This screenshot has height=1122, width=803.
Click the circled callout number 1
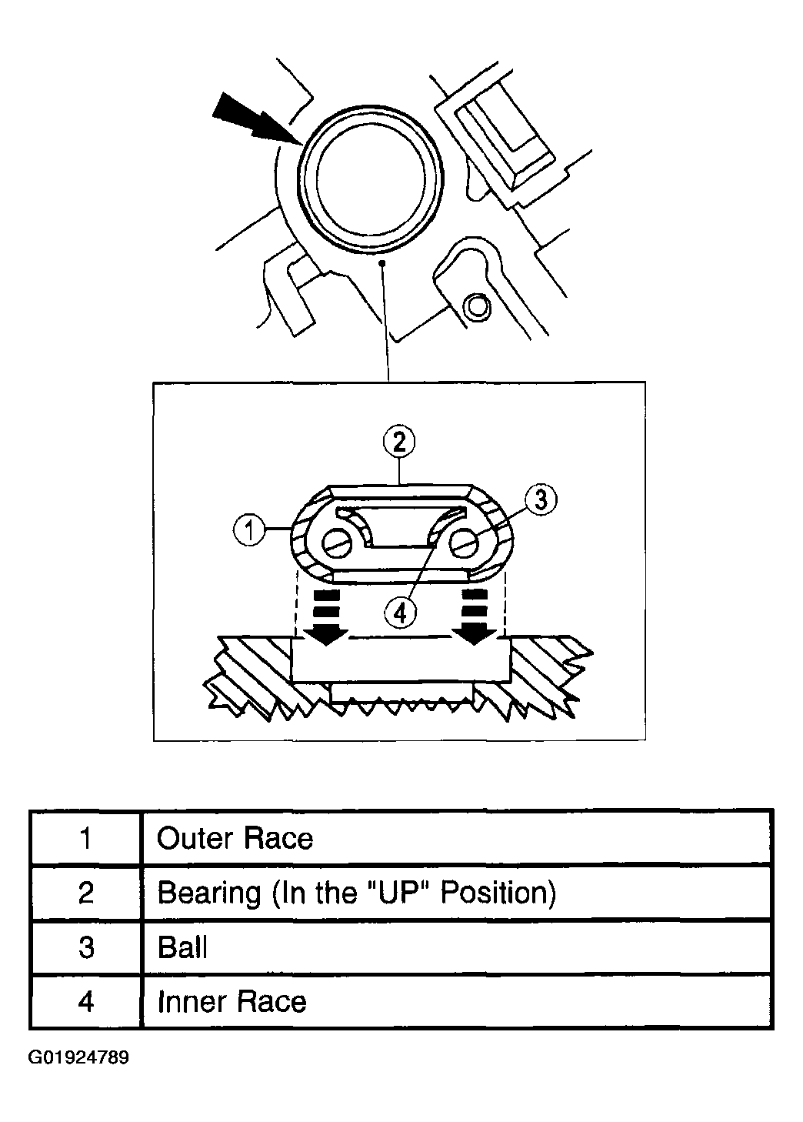249,531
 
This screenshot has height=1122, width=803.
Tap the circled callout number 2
399,442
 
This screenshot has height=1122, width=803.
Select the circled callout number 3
540,500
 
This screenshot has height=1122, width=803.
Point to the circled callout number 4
399,612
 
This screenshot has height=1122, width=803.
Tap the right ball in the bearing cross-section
465,543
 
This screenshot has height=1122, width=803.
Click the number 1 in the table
85,838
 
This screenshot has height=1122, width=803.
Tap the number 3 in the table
85,947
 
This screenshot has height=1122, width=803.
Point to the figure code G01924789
79,1057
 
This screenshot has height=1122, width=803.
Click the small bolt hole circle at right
477,306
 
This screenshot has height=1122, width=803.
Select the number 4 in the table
85,1002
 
